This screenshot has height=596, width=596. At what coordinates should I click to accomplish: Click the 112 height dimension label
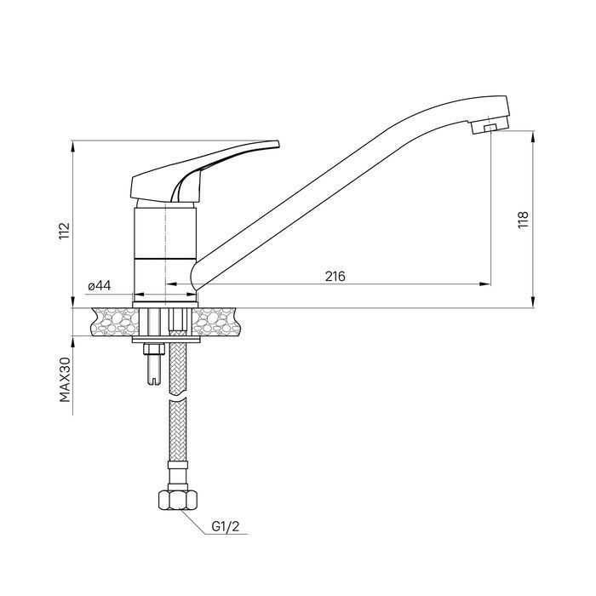click(x=65, y=231)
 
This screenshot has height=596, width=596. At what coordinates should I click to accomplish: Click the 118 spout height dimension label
click(x=524, y=220)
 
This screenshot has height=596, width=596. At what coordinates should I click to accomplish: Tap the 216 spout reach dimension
click(x=335, y=276)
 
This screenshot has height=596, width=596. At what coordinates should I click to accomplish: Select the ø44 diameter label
click(x=100, y=285)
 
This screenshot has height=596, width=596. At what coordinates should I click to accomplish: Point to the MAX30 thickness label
click(x=65, y=380)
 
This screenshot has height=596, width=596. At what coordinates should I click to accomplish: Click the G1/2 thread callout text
click(x=226, y=526)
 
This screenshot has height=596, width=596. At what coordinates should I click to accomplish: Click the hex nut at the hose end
click(x=177, y=500)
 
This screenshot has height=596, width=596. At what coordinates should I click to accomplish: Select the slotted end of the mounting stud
click(x=153, y=379)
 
